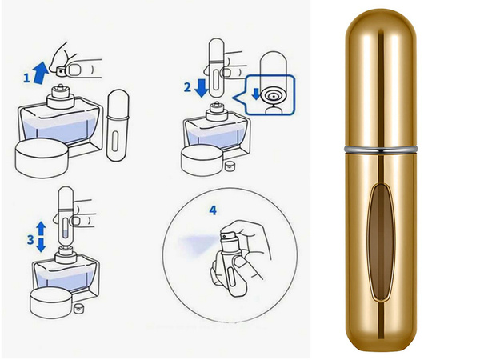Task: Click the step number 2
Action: click(x=187, y=87)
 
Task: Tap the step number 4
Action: click(x=213, y=210)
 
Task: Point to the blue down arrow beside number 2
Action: click(x=201, y=87)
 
